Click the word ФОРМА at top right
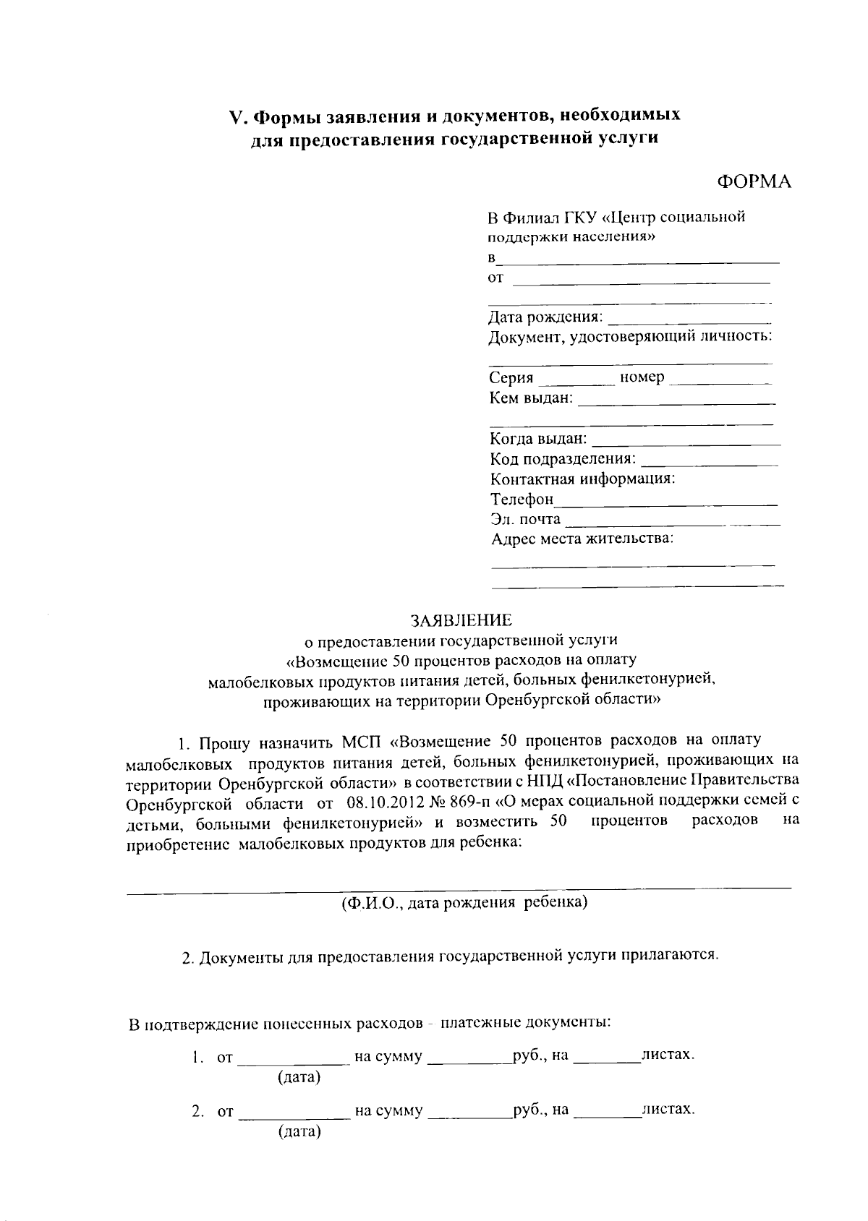[x=754, y=181]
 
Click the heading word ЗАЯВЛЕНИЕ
[x=461, y=620]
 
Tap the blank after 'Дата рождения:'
[x=689, y=318]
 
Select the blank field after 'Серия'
[x=576, y=379]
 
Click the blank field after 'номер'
[x=720, y=379]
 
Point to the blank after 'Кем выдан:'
[x=676, y=399]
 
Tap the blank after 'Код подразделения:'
[x=710, y=460]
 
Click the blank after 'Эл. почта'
[x=672, y=520]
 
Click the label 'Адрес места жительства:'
[x=582, y=539]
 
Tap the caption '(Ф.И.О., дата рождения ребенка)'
[x=464, y=902]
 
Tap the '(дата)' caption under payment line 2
[x=299, y=1131]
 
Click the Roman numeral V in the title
[x=234, y=116]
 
